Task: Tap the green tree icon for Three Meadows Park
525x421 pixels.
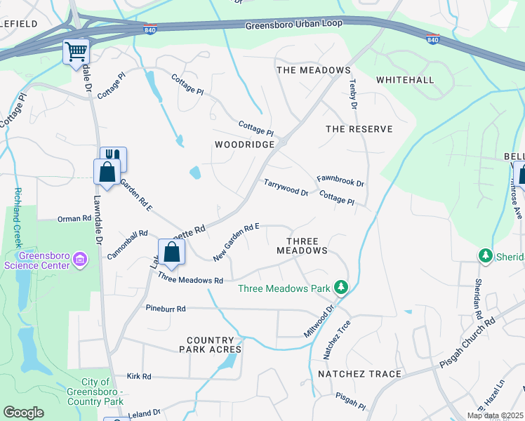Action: (341, 287)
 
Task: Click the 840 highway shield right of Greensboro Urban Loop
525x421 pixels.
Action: (433, 39)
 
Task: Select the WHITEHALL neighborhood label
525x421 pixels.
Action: (404, 81)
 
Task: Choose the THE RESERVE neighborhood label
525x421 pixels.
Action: (359, 129)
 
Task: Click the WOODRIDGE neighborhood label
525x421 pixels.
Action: (244, 144)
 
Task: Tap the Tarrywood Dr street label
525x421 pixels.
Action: (286, 187)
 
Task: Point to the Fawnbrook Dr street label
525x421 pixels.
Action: (340, 182)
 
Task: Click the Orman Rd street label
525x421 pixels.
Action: (74, 218)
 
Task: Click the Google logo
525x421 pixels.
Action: (23, 413)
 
